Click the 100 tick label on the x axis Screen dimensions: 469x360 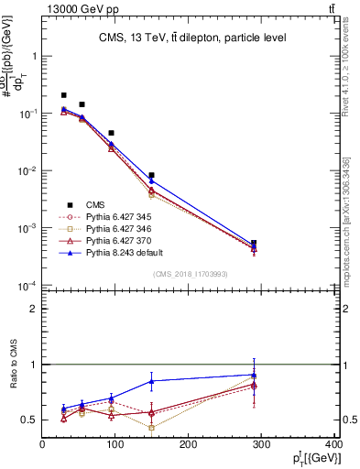click(115, 446)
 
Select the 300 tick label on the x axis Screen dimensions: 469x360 click(262, 446)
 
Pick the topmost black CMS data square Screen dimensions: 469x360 click(63, 95)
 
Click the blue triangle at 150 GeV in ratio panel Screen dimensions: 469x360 click(152, 380)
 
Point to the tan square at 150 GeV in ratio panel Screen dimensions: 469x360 click(152, 428)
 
